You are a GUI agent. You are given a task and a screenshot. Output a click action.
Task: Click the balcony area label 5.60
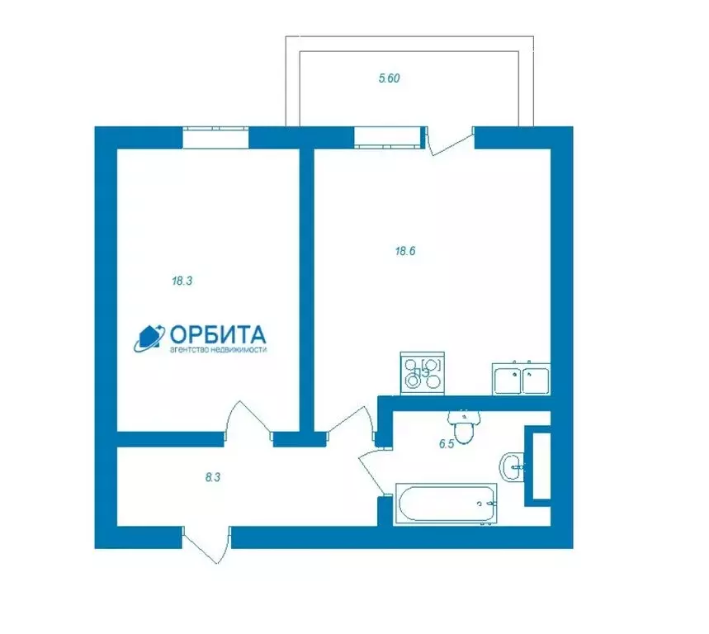(389, 78)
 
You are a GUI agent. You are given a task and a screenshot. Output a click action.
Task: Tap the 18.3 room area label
(182, 281)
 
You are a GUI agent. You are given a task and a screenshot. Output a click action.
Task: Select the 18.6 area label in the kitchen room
(405, 251)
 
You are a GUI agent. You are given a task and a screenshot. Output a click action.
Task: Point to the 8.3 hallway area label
(212, 477)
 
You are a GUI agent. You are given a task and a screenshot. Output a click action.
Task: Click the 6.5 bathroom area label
(447, 444)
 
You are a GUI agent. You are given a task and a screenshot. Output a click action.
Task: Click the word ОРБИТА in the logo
(218, 334)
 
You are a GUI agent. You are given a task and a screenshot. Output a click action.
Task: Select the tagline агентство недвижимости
(218, 349)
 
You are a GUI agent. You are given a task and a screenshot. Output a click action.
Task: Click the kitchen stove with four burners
(423, 373)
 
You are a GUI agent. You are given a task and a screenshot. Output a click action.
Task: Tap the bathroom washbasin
(512, 467)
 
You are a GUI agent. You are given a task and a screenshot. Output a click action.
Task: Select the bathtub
(446, 504)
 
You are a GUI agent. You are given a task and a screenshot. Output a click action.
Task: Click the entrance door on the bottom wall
(207, 545)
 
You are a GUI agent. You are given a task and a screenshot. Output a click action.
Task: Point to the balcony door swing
(451, 140)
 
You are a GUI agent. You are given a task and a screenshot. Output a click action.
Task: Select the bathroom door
(371, 471)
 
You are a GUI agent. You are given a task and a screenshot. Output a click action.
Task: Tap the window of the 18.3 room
(215, 137)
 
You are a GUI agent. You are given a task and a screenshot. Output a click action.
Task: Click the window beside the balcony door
(388, 137)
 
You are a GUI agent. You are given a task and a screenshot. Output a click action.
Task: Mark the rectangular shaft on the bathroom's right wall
(538, 466)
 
